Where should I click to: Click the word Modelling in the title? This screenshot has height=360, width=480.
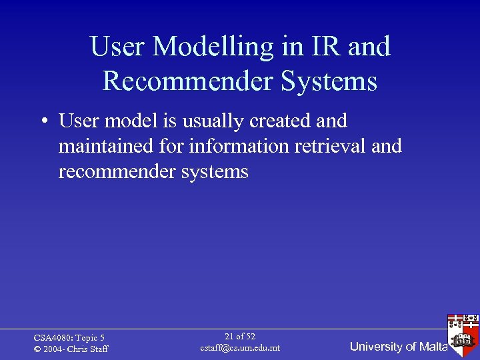point(214,47)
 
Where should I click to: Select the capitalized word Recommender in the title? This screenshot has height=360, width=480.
point(184,81)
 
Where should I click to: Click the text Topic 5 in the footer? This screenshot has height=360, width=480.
point(89,338)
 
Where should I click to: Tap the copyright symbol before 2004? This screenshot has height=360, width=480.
point(37,349)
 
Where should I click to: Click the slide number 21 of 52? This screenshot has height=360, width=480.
point(240,337)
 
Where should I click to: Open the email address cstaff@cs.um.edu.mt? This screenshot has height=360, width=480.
point(240,348)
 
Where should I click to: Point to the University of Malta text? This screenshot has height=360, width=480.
point(399,346)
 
